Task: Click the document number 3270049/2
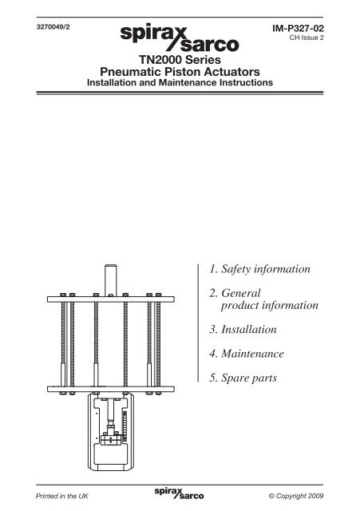point(53,27)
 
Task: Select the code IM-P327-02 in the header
point(298,29)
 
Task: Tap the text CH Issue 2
point(307,38)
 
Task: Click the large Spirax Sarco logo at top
point(180,38)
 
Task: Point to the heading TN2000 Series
point(180,60)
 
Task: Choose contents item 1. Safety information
point(259,269)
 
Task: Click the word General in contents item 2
point(241,293)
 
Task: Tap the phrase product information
point(270,305)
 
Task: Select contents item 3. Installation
point(243,329)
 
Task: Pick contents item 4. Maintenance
point(247,354)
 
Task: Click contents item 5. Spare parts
point(243,378)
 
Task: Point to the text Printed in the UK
point(62,496)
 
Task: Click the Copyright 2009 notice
point(296,496)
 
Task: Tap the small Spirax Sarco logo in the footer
point(179,493)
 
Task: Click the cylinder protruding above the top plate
point(111,280)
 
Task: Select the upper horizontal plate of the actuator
point(111,299)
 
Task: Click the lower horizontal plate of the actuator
point(111,389)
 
